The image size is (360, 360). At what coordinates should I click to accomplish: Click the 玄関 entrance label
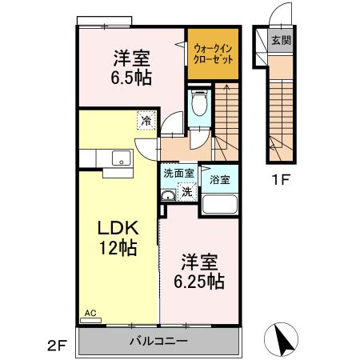coord(280,39)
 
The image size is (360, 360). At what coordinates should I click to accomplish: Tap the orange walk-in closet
coord(213,54)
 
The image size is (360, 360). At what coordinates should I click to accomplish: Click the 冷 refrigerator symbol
coord(146,121)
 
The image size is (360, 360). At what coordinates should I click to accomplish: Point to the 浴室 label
coord(219,179)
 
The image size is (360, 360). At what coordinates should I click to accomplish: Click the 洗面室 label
coord(178,173)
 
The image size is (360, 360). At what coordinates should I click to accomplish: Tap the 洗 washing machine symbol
coord(186,191)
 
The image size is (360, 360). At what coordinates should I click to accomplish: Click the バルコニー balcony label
coord(159,342)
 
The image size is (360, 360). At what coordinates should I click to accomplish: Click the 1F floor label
coord(279,178)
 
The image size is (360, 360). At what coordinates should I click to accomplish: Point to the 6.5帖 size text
coord(132,78)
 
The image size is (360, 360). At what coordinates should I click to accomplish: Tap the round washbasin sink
coord(169,195)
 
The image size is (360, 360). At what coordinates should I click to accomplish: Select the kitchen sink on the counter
coord(120,158)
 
